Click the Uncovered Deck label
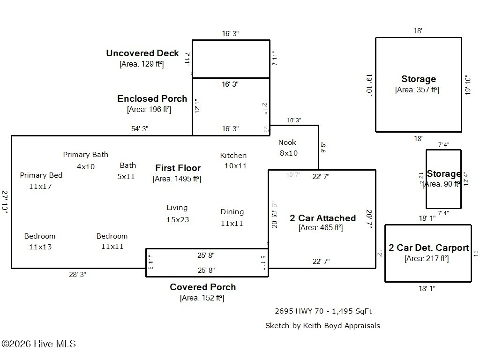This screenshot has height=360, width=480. click(x=142, y=53)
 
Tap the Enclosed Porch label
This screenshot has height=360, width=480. click(x=152, y=99)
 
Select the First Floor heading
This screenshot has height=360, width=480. click(x=178, y=168)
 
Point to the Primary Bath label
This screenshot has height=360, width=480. click(x=86, y=155)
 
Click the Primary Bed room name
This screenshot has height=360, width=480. click(x=41, y=175)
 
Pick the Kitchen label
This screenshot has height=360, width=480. click(x=233, y=156)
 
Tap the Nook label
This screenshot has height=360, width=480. click(x=287, y=142)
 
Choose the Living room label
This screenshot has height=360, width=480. click(x=177, y=208)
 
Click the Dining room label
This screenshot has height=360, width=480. click(x=232, y=212)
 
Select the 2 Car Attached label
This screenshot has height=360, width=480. click(x=322, y=218)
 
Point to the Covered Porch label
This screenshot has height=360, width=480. click(x=202, y=287)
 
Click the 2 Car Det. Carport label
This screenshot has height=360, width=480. click(x=428, y=248)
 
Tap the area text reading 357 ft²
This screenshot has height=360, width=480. click(x=417, y=90)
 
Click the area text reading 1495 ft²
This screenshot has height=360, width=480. click(x=177, y=179)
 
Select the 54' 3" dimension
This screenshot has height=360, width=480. click(x=140, y=129)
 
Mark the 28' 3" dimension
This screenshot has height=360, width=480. click(x=77, y=275)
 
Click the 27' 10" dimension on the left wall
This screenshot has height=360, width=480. click(x=5, y=202)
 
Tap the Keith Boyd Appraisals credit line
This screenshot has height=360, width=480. click(x=322, y=325)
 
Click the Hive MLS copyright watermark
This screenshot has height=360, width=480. click(x=38, y=344)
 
